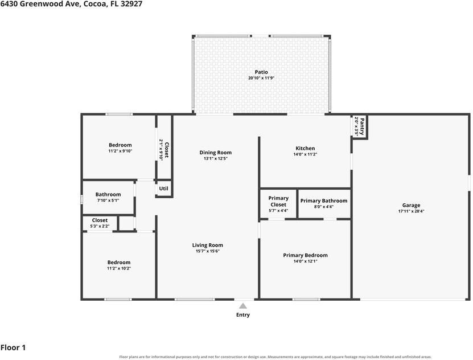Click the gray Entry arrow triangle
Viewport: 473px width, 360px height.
coord(243,306)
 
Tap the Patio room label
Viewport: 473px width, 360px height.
coord(261,72)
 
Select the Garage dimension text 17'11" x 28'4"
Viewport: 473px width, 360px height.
coord(411,211)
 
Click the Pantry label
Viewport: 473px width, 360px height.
coord(362,126)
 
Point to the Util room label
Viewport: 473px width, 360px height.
coord(163,189)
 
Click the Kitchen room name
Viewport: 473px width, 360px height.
coord(305,148)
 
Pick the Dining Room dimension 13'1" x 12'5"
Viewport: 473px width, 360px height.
coord(215,158)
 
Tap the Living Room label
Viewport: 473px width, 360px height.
coord(208,246)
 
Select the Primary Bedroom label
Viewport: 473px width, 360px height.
coord(305,255)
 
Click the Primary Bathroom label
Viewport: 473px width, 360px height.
coord(324,201)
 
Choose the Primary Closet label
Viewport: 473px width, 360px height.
coord(278,201)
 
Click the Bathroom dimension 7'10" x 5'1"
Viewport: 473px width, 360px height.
coord(108,201)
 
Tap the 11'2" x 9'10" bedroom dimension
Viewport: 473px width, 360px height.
coord(120,151)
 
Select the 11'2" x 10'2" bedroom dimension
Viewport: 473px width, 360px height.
coord(119,268)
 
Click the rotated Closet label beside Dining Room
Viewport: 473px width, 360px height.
coord(167,150)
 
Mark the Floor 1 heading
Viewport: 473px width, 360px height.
coord(13,347)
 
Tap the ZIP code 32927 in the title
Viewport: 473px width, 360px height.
coord(131,4)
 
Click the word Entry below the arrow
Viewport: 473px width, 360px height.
coord(243,315)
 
